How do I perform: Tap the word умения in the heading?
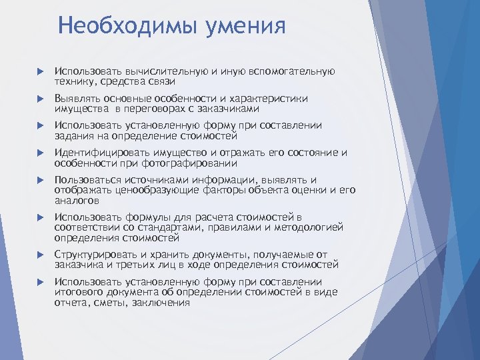(x=246, y=26)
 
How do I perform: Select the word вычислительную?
(x=158, y=71)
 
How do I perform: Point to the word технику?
(x=75, y=81)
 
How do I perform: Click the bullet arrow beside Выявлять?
(x=40, y=99)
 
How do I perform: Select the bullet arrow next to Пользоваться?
(x=40, y=181)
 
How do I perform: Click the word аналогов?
(x=77, y=200)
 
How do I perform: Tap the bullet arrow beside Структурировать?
(x=40, y=255)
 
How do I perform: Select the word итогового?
(x=79, y=292)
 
